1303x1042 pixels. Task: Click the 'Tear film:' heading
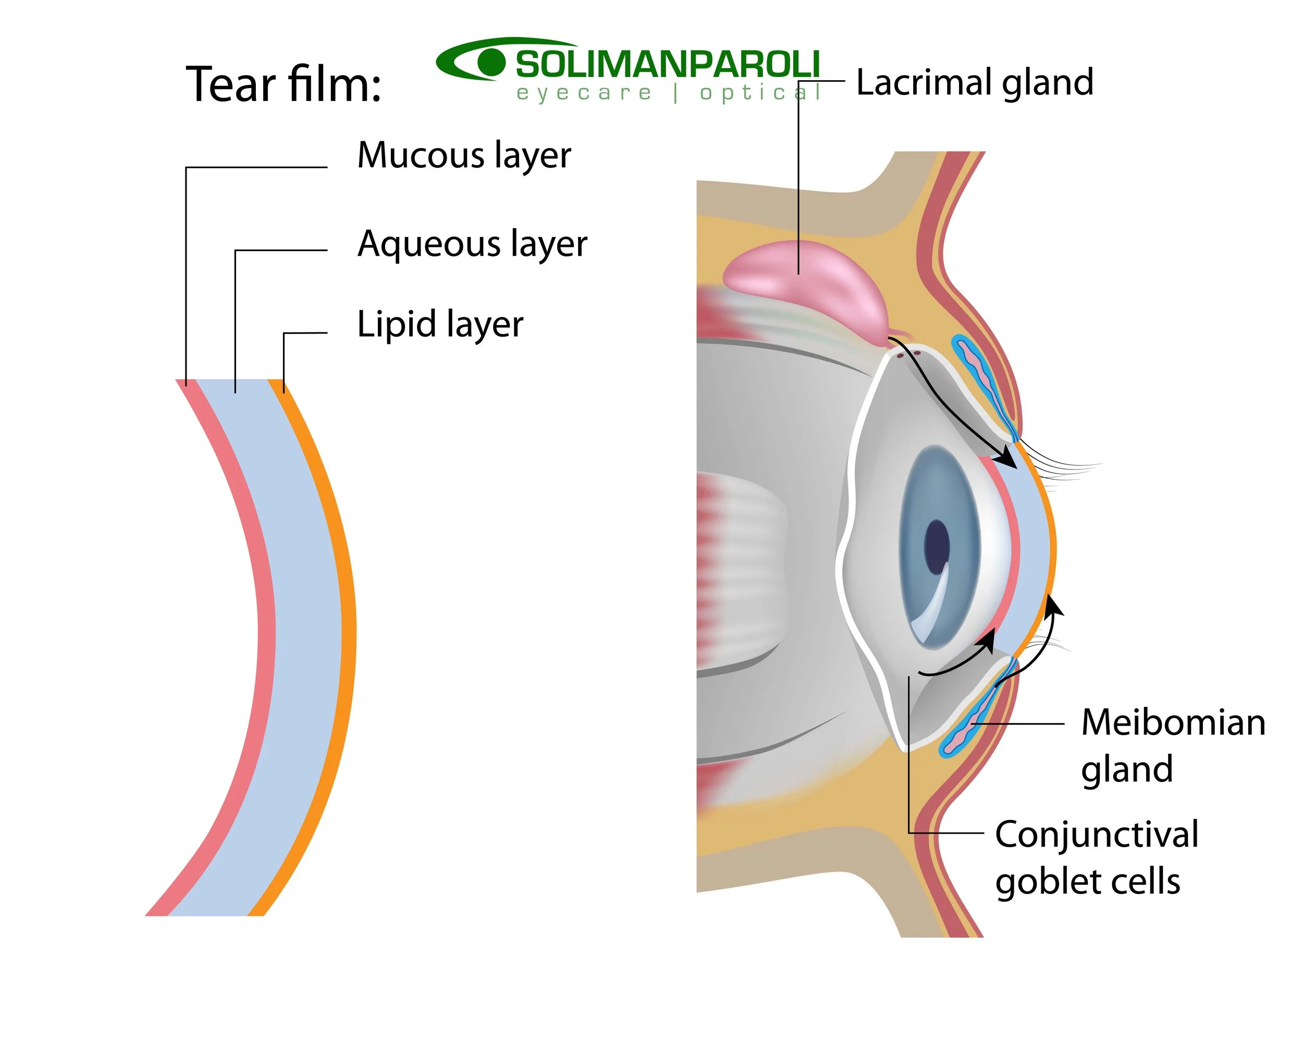pos(284,84)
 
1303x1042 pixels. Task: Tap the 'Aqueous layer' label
pos(472,244)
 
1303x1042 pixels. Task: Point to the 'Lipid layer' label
pos(440,325)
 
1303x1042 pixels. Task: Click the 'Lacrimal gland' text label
pos(974,82)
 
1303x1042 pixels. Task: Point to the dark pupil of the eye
pos(936,547)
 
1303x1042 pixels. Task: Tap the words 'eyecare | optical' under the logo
pos(668,94)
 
